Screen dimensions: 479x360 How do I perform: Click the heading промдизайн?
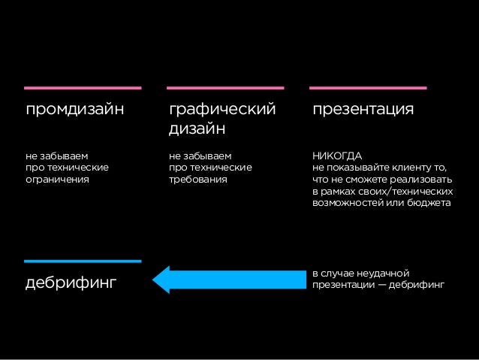74,110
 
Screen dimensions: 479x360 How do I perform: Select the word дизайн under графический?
197,129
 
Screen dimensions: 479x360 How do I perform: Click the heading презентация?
363,110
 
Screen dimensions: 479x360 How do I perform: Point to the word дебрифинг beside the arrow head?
72,284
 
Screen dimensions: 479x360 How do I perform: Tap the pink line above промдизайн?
83,87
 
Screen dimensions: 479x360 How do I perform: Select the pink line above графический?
224,87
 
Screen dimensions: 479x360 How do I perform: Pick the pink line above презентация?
367,87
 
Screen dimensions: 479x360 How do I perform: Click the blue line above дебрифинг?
83,261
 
